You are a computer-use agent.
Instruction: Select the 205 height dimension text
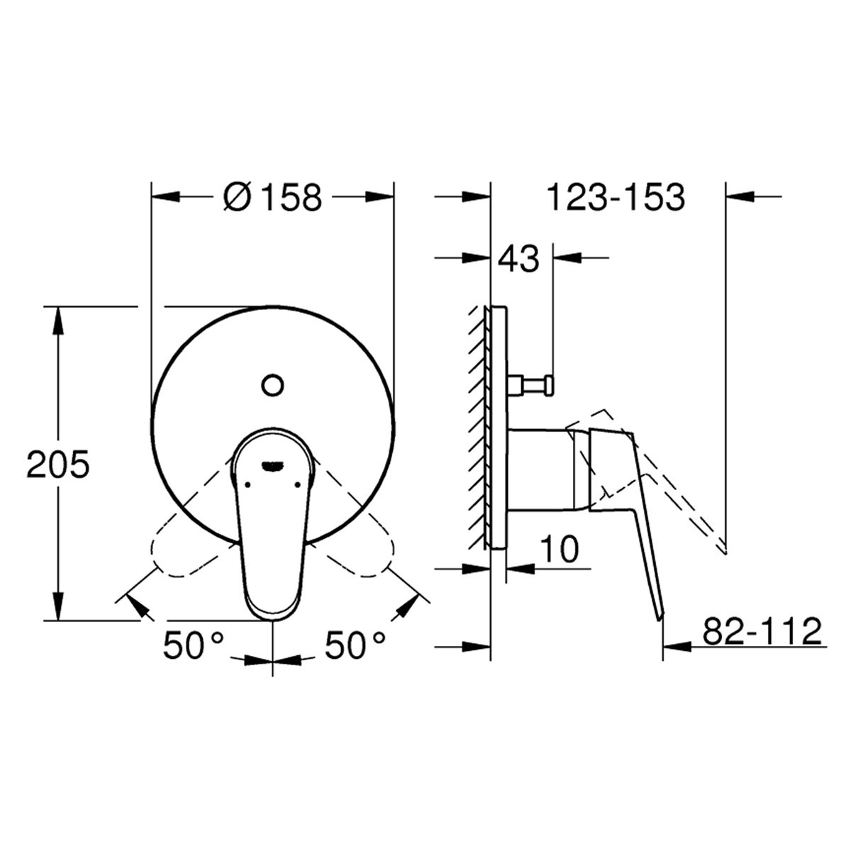coord(58,464)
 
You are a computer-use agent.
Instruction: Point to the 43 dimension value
coord(518,259)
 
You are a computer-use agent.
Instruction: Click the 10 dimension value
coord(559,549)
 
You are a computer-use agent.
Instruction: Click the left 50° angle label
coord(194,645)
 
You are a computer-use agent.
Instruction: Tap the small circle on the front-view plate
coord(272,385)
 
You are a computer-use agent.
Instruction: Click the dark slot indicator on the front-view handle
coord(272,465)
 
